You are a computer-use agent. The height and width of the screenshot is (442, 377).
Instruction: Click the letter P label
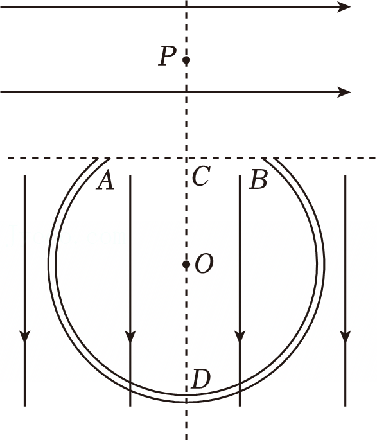point(168,56)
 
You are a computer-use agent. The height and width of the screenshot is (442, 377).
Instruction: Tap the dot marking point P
point(186,60)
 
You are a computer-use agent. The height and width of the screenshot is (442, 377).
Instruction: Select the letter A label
point(106,181)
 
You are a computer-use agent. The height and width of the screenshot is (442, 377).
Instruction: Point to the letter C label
point(201,176)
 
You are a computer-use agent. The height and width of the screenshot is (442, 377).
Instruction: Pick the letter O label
point(204,263)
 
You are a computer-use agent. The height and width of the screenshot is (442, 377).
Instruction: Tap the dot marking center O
point(186,265)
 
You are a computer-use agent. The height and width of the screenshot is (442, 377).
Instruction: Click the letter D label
point(200,379)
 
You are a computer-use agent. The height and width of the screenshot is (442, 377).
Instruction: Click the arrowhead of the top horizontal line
point(344,7)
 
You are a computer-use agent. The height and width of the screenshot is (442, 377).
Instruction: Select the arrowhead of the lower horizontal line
point(344,92)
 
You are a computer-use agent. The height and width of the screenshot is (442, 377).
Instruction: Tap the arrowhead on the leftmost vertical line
point(25,336)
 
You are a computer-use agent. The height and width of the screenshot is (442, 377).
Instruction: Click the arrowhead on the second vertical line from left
point(130,336)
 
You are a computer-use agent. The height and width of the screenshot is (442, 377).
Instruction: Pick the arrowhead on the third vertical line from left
point(240,336)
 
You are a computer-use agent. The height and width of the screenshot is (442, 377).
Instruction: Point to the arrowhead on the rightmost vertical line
point(345,336)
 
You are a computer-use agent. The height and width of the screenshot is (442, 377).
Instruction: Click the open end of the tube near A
point(104,159)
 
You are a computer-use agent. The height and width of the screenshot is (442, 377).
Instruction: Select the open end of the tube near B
point(268,159)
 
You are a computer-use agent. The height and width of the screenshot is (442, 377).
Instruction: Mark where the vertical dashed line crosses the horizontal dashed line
point(186,158)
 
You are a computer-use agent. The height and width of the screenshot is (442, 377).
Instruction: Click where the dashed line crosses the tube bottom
point(186,398)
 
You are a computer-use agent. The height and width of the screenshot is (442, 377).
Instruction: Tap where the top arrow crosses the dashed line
point(186,7)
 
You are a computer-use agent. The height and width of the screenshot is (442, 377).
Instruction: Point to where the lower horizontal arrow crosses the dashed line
point(186,92)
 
